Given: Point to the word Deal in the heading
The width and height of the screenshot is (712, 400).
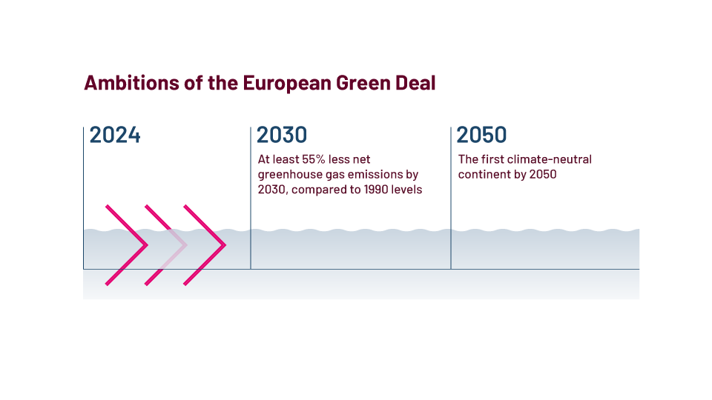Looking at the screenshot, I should pos(416,83).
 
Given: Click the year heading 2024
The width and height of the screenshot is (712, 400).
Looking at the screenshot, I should pos(115,135).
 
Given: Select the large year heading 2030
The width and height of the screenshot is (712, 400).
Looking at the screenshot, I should pos(282,135).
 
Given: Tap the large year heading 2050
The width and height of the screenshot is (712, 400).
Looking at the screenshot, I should pos(482,135).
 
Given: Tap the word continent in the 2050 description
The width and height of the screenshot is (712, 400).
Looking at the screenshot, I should pos(484,175).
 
